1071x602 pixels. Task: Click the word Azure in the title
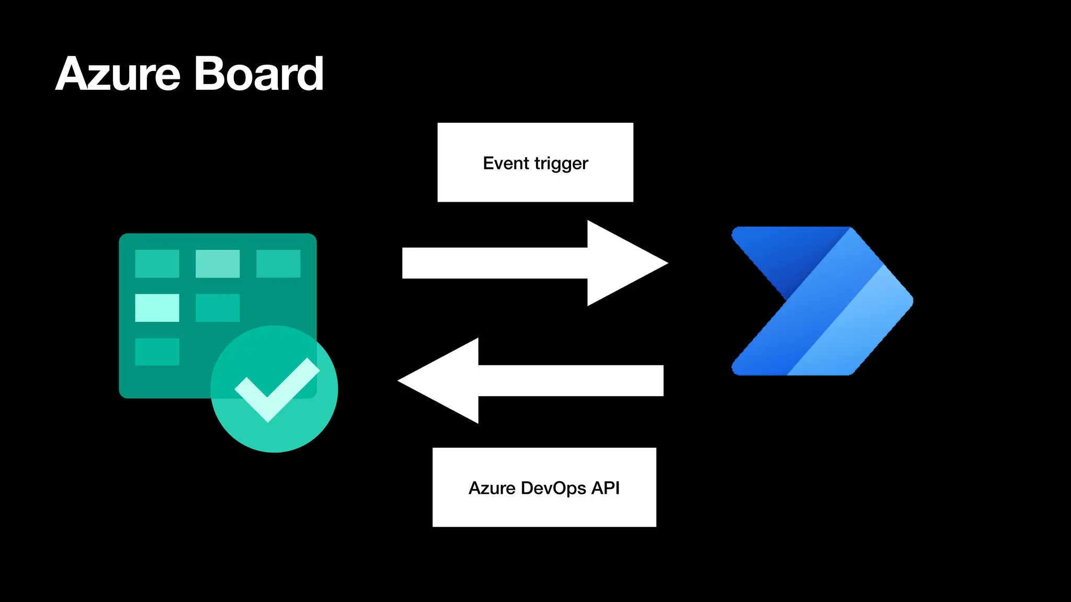[x=118, y=74]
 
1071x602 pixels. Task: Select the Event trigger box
[x=535, y=163]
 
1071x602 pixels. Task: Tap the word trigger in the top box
[x=561, y=164]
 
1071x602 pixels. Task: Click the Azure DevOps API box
[x=544, y=487]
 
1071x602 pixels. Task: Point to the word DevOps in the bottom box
[x=554, y=488]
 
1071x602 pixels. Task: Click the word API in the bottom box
[x=606, y=488]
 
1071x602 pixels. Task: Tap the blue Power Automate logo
[x=822, y=301]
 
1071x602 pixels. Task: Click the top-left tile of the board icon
[x=157, y=263]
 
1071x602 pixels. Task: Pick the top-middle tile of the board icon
[x=218, y=263]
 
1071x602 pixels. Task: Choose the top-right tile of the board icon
[x=278, y=263]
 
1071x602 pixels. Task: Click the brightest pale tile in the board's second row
[x=157, y=308]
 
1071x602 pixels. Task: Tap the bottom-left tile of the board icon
[x=157, y=352]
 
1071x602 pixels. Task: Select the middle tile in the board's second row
[x=218, y=308]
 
